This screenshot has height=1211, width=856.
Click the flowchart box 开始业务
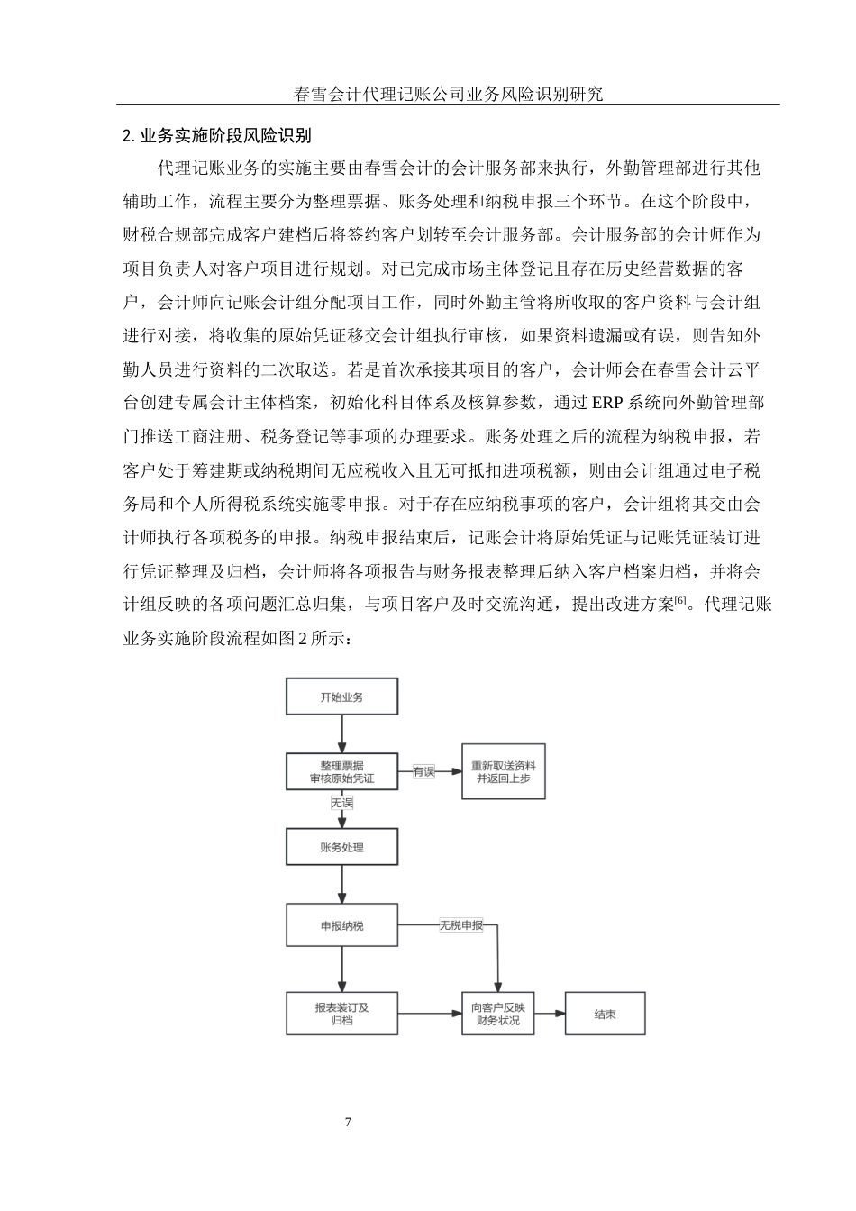pos(341,697)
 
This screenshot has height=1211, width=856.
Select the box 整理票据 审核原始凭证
pos(341,771)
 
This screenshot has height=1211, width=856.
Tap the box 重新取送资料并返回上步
pos(503,771)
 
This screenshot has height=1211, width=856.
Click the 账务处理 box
pos(341,847)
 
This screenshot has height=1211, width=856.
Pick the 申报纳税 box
pos(341,925)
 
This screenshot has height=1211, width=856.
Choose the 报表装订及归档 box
pos(341,1014)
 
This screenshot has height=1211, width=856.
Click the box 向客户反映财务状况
pos(497,1014)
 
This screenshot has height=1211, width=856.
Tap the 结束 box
pos(605,1014)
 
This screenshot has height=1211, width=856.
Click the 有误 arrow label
pos(423,772)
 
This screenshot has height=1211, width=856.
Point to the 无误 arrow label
pos(341,802)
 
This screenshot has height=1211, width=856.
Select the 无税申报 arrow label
pos(460,925)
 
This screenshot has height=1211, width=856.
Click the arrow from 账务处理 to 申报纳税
pos(341,886)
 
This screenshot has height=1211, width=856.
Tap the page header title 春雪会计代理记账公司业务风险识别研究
pos(448,93)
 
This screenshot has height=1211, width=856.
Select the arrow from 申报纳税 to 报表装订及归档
pos(341,970)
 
